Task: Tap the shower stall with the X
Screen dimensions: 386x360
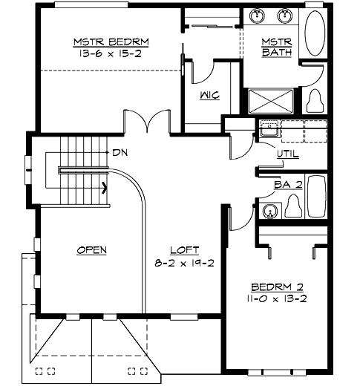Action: click(x=273, y=102)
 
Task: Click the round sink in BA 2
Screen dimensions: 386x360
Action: click(x=270, y=212)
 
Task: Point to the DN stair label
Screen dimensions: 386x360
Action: click(x=120, y=152)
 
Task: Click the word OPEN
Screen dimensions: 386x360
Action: click(x=91, y=249)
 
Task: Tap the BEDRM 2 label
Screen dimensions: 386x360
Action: click(x=277, y=287)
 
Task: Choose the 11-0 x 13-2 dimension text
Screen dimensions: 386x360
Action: click(x=277, y=298)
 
